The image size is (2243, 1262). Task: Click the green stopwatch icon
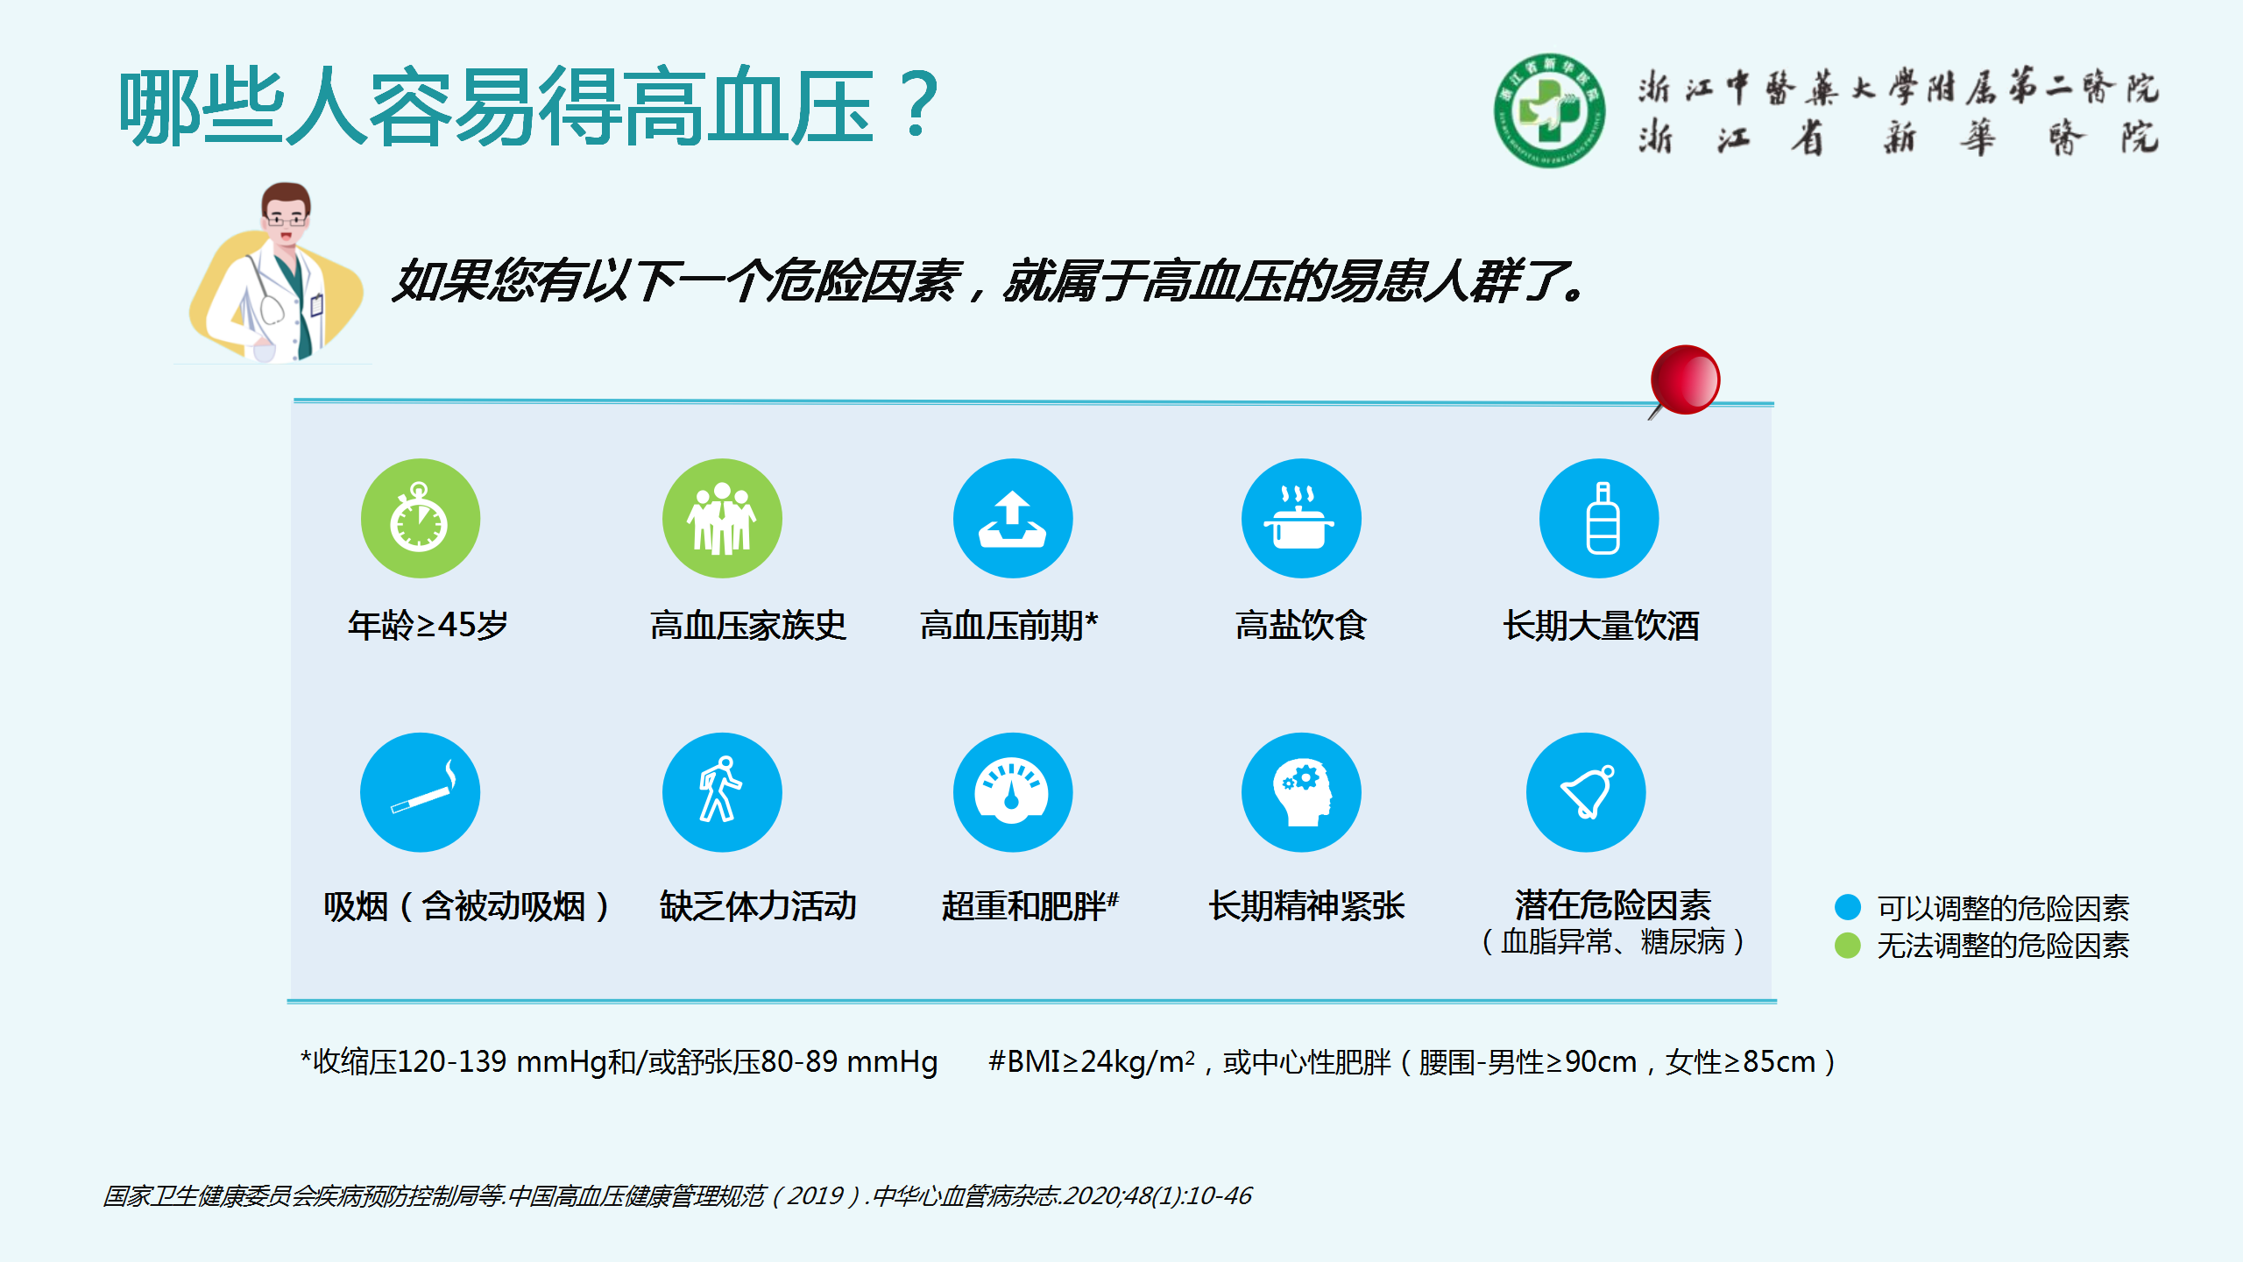click(421, 518)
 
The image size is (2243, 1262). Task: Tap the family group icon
click(722, 518)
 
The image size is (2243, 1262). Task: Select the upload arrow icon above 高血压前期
click(1013, 518)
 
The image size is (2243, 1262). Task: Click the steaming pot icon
click(1301, 518)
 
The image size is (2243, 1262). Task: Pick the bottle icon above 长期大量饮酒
click(1599, 518)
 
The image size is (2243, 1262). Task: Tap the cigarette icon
click(421, 792)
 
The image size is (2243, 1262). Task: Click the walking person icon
click(722, 792)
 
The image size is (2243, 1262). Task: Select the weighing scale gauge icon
click(1013, 792)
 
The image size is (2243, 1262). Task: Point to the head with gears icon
click(1301, 792)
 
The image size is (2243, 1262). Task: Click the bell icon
click(1586, 792)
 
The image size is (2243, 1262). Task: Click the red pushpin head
click(1686, 379)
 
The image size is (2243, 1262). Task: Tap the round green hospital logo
click(1550, 110)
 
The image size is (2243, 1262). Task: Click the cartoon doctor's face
click(287, 216)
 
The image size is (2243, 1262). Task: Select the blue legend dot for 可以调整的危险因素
click(1848, 907)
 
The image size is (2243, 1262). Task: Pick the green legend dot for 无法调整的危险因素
click(1848, 946)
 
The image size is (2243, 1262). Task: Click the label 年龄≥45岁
click(428, 625)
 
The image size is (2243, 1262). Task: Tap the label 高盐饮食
click(1301, 625)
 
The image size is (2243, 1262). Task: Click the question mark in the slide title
click(918, 105)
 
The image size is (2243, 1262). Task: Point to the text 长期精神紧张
click(1306, 906)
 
